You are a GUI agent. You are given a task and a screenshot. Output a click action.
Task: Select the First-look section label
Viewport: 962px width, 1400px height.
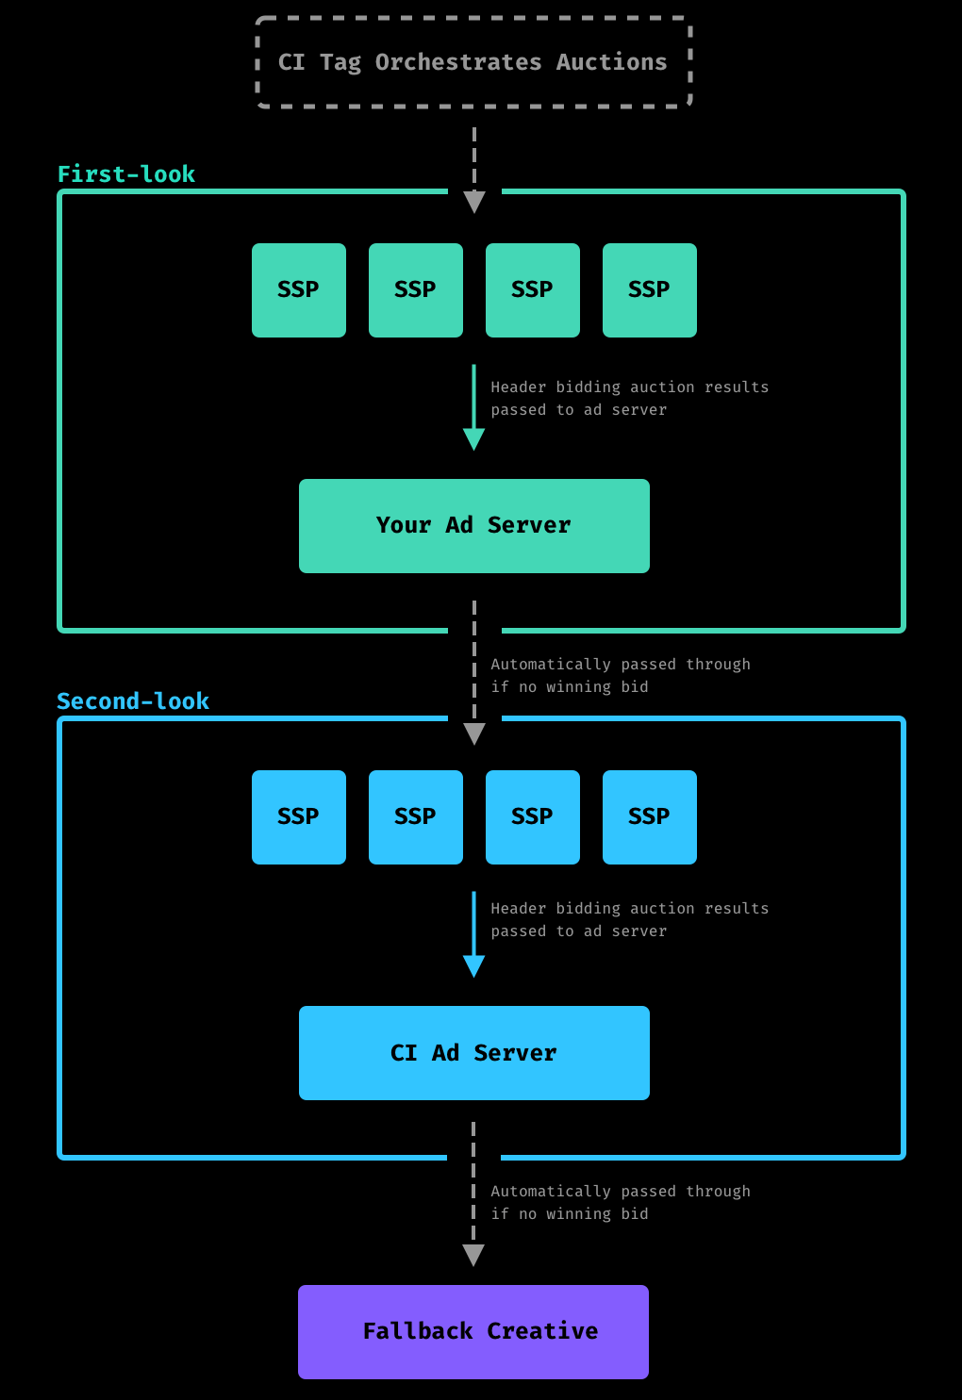(126, 174)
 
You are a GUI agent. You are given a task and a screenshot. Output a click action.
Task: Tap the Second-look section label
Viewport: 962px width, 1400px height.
(133, 701)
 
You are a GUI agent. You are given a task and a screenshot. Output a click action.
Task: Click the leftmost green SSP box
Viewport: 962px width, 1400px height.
(299, 290)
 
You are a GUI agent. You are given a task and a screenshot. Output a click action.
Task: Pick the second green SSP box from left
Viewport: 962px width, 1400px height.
(416, 290)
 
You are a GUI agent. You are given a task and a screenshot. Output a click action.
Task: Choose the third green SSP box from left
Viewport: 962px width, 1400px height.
(533, 290)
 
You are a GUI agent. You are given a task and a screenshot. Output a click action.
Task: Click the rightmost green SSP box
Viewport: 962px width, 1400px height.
(650, 290)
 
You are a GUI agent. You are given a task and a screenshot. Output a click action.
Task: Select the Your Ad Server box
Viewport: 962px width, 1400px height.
(474, 526)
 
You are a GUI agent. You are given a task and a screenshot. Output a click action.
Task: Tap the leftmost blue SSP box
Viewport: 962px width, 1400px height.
(299, 817)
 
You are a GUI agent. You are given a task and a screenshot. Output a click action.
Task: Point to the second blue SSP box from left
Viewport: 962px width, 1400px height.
(416, 817)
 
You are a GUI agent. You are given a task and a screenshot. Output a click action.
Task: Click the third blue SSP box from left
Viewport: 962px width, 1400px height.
(533, 817)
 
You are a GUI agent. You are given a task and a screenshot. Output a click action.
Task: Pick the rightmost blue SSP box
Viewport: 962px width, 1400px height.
(650, 817)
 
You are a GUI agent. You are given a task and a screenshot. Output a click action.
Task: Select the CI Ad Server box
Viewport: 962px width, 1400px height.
(474, 1053)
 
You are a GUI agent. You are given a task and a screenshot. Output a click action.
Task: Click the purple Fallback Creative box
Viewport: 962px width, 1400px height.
(473, 1332)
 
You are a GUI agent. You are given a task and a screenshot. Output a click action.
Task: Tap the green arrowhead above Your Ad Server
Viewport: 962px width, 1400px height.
(474, 438)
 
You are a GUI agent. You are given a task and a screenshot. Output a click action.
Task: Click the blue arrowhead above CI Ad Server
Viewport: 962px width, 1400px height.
(474, 965)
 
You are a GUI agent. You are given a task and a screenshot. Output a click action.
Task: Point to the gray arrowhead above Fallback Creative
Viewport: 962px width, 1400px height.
(473, 1254)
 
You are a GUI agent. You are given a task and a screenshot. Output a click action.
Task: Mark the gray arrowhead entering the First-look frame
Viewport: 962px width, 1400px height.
(474, 202)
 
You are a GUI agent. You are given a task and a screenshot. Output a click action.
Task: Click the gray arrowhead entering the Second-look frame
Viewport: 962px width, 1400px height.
(474, 733)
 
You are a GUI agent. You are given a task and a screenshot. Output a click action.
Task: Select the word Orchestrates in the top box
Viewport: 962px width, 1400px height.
(458, 62)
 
